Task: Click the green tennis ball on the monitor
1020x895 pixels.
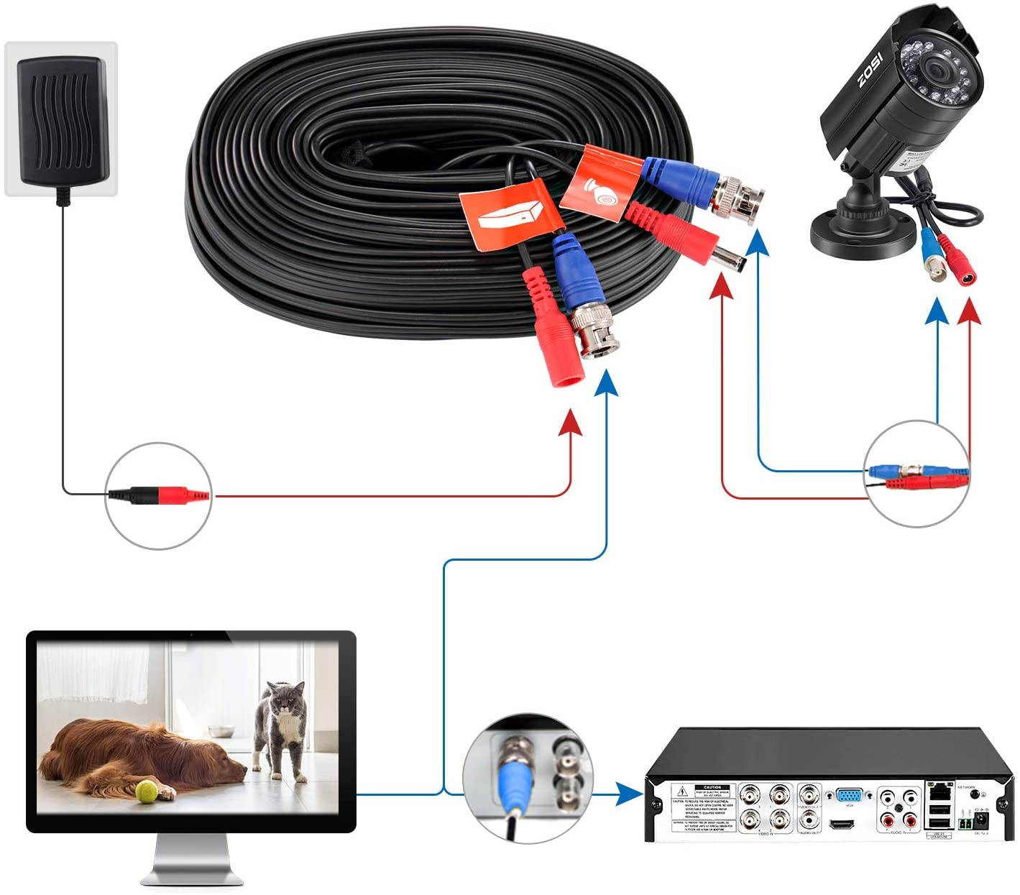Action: point(147,791)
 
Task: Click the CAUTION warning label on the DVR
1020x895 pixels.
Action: point(701,808)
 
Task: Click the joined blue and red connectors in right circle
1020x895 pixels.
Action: point(918,477)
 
